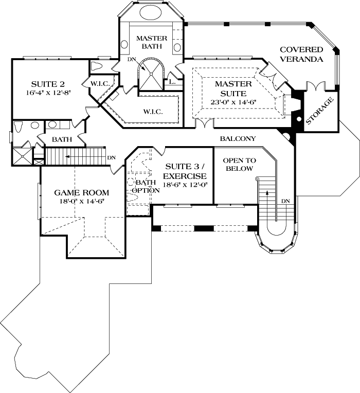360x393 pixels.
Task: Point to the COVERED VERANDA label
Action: [301, 54]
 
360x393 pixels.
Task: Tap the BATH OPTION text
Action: [143, 186]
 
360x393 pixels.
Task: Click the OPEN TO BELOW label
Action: [238, 165]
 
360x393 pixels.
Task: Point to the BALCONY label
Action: [238, 139]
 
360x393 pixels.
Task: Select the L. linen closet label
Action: [172, 81]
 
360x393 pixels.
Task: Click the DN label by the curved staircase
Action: [285, 201]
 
